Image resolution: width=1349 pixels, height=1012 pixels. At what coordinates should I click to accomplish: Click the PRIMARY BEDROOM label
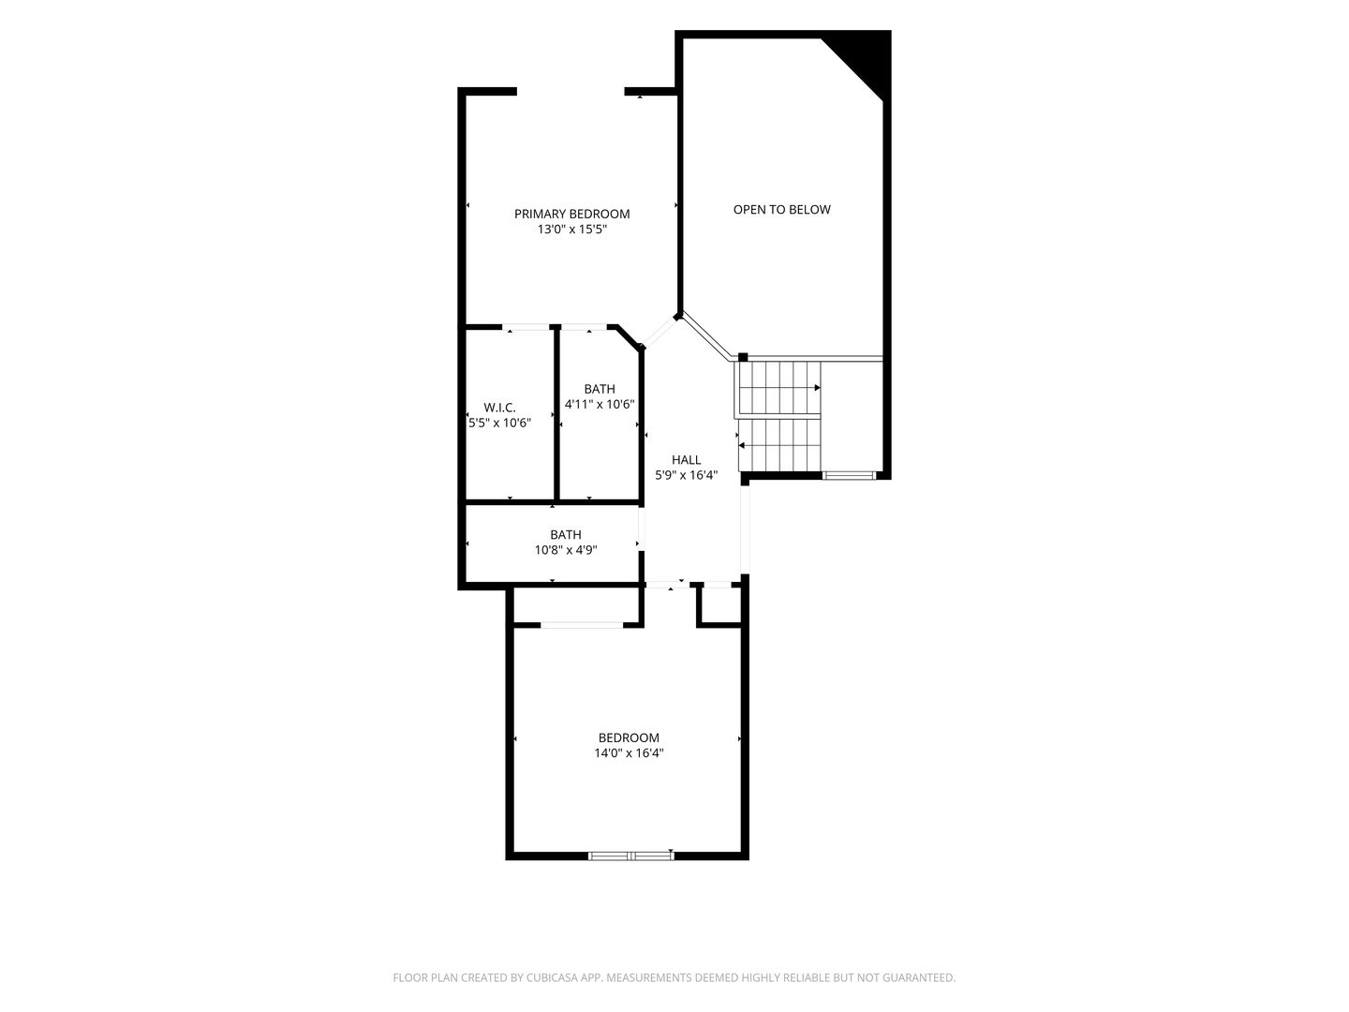click(x=571, y=214)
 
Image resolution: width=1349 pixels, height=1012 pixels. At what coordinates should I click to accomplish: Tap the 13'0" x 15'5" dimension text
click(x=571, y=230)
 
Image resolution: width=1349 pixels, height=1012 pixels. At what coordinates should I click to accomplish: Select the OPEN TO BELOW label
click(x=781, y=210)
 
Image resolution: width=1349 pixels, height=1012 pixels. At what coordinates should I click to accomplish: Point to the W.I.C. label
click(x=499, y=408)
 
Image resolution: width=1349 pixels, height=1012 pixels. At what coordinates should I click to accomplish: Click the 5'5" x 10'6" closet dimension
click(x=499, y=423)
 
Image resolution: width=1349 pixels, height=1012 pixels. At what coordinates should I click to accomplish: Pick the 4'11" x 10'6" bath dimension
click(x=600, y=404)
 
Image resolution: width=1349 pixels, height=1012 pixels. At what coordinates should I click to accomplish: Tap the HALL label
click(x=686, y=459)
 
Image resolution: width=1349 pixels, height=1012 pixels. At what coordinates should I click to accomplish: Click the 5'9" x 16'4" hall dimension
click(x=686, y=475)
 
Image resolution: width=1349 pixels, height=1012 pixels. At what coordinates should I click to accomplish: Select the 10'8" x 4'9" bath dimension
click(x=566, y=550)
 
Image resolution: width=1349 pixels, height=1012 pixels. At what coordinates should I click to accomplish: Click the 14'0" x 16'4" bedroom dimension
click(x=629, y=752)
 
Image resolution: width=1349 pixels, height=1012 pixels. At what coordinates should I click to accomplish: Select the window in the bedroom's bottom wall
click(x=630, y=855)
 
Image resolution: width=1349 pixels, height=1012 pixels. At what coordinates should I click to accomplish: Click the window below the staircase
click(x=849, y=475)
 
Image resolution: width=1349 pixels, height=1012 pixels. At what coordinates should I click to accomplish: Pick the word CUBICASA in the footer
click(x=552, y=977)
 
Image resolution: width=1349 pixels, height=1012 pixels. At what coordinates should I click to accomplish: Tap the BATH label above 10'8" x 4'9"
click(x=566, y=534)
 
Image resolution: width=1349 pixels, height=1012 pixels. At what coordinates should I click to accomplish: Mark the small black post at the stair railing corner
click(x=742, y=357)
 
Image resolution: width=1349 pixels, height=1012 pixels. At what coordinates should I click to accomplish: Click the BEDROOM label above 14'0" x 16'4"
click(x=629, y=737)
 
